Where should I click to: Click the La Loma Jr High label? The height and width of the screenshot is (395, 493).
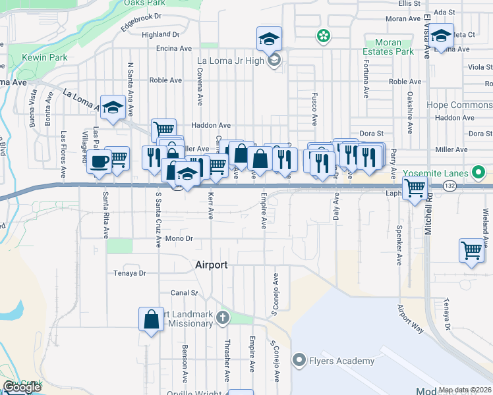point(231,61)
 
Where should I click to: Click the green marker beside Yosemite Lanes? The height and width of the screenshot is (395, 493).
point(479,174)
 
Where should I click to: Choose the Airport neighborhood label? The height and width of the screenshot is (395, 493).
point(212,265)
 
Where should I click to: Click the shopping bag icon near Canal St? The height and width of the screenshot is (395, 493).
point(151,319)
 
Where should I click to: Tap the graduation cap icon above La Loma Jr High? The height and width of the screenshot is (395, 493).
point(269,38)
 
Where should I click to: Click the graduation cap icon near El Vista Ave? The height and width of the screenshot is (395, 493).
point(442,36)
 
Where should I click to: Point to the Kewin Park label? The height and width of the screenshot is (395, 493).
point(45,58)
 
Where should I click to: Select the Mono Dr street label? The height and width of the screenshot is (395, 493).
point(179,238)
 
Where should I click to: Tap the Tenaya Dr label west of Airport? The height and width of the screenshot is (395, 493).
point(129,273)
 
